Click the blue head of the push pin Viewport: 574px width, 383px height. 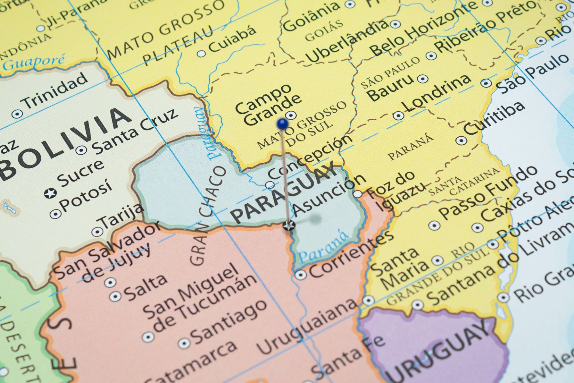(282, 123)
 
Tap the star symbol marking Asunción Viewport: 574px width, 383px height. (289, 226)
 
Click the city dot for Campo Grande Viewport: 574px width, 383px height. (291, 115)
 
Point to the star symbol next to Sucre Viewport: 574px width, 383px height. (51, 193)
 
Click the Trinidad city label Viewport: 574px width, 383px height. (54, 90)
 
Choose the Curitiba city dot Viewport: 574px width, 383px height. (461, 140)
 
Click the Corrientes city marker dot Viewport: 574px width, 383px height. (300, 275)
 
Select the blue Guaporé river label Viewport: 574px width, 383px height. (34, 62)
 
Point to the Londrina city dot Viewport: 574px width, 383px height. (398, 115)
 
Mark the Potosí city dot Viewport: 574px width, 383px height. (55, 213)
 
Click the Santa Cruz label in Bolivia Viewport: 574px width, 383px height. (135, 131)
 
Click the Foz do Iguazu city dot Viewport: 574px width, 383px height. (358, 194)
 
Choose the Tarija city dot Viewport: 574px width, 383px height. (97, 232)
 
